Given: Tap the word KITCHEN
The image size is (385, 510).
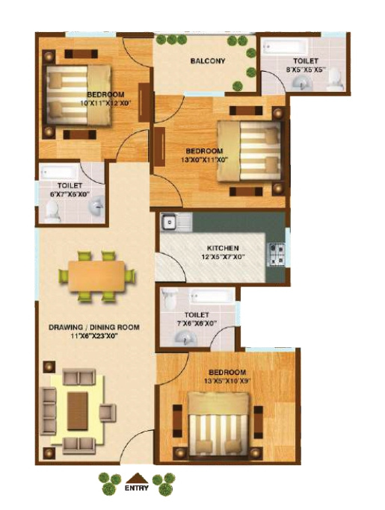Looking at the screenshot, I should point(223,248).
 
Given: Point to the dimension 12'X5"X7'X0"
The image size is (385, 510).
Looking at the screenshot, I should point(223,258).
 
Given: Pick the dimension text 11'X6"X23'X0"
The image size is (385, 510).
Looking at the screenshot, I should point(95,337).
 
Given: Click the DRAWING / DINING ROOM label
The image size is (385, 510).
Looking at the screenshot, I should point(95,327).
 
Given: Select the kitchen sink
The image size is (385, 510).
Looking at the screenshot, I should point(171,221).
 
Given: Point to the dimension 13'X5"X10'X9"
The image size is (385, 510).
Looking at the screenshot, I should point(227,382).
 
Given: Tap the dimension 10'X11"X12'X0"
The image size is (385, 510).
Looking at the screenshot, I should point(110,104).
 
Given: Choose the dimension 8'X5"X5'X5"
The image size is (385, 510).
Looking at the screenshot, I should point(306,69).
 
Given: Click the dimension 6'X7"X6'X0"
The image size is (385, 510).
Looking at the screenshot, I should point(71,194).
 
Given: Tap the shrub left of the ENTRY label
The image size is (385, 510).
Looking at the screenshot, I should point(110,484).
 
